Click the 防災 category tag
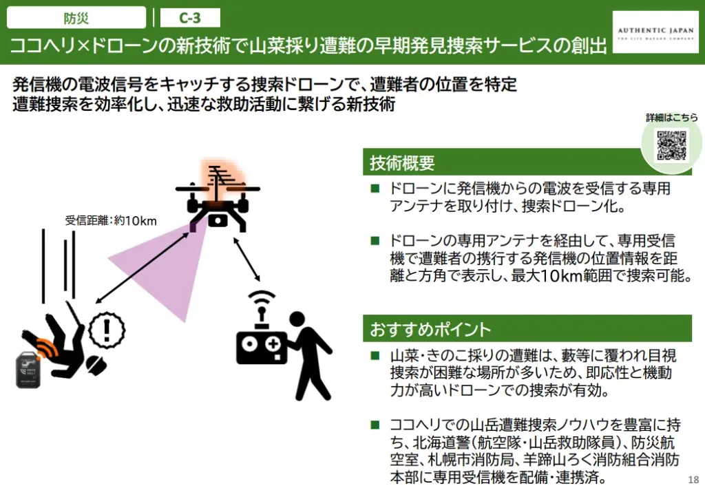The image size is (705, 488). click(76, 17)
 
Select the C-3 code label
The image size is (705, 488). click(190, 17)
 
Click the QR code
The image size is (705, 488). click(671, 145)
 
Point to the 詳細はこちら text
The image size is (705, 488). click(671, 117)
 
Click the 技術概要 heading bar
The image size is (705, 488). click(527, 163)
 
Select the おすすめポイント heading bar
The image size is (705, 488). click(527, 329)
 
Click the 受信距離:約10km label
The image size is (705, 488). click(112, 221)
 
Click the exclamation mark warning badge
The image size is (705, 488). click(107, 329)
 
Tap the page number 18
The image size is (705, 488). click(693, 478)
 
